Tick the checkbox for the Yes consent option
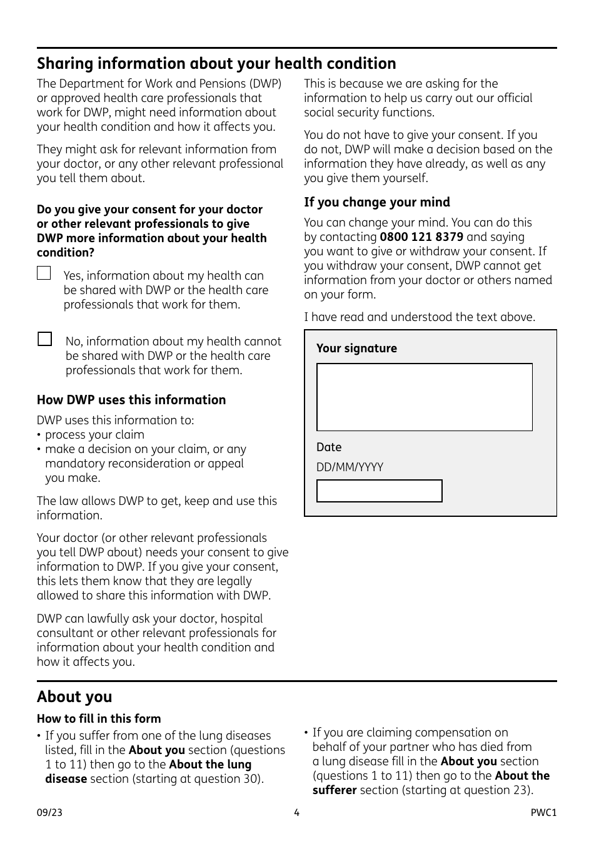44,273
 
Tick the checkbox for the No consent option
44,339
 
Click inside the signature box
424,397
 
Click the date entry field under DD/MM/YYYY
379,491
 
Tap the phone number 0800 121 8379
421,237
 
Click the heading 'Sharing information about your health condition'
216,64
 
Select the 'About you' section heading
74,697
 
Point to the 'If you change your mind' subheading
376,202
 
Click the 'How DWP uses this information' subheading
131,400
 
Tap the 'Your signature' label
356,349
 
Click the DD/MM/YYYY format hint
350,467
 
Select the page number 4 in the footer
296,813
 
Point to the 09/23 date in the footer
49,813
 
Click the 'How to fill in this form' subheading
99,719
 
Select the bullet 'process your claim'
94,435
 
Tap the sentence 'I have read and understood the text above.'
420,317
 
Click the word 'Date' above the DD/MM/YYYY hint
329,447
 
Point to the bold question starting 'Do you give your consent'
151,231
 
